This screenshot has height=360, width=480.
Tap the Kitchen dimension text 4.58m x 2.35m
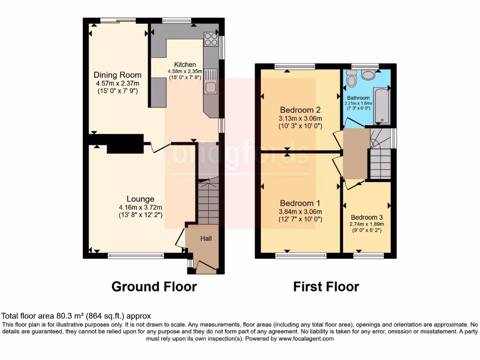click(x=185, y=71)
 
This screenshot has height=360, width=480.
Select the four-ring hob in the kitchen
click(x=211, y=39)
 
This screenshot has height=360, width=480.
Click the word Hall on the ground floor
click(x=206, y=239)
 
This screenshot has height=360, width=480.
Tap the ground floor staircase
click(x=209, y=202)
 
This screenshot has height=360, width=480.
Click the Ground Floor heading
click(x=154, y=286)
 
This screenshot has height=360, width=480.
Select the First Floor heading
click(x=326, y=286)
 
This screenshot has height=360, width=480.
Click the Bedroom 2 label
click(x=300, y=110)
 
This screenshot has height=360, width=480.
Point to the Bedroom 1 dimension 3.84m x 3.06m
click(x=300, y=211)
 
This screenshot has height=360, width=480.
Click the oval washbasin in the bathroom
click(x=368, y=74)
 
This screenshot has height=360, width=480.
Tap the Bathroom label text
click(x=358, y=98)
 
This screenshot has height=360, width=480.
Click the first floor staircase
click(x=381, y=155)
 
